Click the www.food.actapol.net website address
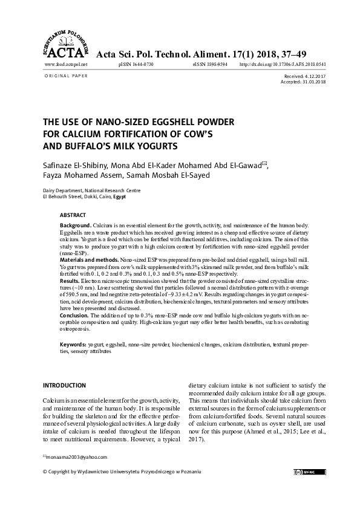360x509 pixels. pyautogui.click(x=66, y=64)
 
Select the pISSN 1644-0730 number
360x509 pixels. pyautogui.click(x=137, y=64)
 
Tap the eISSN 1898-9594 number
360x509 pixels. pyautogui.click(x=210, y=64)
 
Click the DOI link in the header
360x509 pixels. pyautogui.click(x=283, y=64)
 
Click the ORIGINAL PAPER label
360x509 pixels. pyautogui.click(x=66, y=76)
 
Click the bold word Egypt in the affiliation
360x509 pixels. pyautogui.click(x=120, y=196)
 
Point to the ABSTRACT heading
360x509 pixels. pyautogui.click(x=73, y=215)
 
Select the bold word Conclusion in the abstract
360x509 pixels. pyautogui.click(x=74, y=316)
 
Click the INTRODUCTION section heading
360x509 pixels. pyautogui.click(x=65, y=385)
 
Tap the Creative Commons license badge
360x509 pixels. pyautogui.click(x=305, y=471)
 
